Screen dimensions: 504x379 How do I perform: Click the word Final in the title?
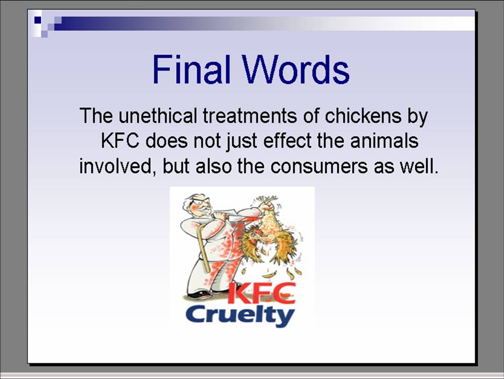pyautogui.click(x=191, y=69)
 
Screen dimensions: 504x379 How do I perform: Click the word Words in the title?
pyautogui.click(x=296, y=69)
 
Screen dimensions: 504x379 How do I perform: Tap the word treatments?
pyautogui.click(x=250, y=116)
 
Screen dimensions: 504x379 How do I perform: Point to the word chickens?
pyautogui.click(x=363, y=116)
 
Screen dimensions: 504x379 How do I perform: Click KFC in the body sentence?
pyautogui.click(x=120, y=141)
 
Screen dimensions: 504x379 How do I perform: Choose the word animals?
pyautogui.click(x=385, y=141)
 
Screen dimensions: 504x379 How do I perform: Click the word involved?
pyautogui.click(x=116, y=166)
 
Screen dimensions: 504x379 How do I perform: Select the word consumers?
pyautogui.click(x=319, y=166)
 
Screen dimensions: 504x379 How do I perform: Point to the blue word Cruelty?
pyautogui.click(x=240, y=316)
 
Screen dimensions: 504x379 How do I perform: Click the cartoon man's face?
pyautogui.click(x=199, y=205)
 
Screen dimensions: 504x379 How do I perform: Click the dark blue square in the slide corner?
pyautogui.click(x=38, y=20)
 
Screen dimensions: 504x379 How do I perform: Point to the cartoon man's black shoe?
pyautogui.click(x=197, y=294)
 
